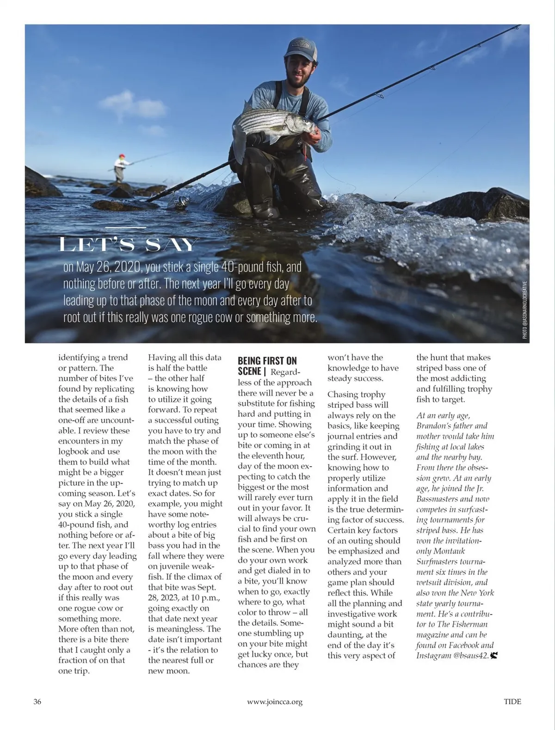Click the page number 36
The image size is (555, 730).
point(37,701)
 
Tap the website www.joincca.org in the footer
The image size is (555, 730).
point(275,702)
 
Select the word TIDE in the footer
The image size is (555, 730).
point(512,701)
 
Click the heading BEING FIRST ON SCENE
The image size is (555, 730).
point(267,365)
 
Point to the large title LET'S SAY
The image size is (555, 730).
point(128,244)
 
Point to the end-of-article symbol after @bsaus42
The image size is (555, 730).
point(494,655)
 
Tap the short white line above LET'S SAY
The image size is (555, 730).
point(125,227)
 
